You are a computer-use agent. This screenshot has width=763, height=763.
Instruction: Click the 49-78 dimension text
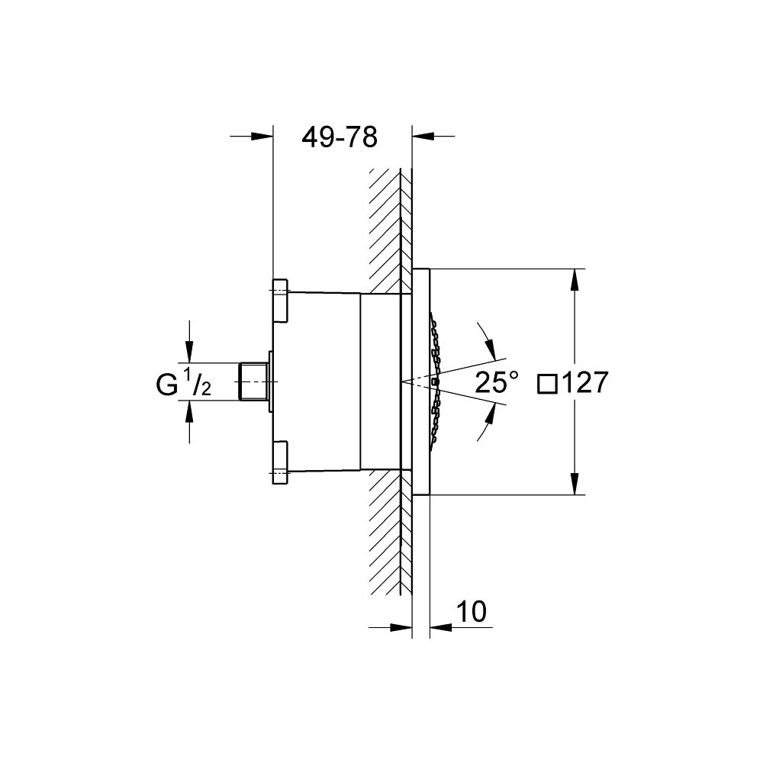coord(340,137)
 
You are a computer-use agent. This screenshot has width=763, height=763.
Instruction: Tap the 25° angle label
coord(497,381)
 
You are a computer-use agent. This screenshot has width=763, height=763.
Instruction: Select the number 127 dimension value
coord(584,382)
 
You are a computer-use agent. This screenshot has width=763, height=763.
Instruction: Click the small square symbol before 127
coord(547,383)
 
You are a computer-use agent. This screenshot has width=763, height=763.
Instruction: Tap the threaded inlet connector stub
coord(252,381)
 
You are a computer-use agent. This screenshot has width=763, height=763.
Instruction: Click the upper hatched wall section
coord(387,229)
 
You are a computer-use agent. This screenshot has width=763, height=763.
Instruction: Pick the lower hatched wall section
coord(387,534)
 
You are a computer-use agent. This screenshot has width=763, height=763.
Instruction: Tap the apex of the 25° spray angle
coord(401,381)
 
